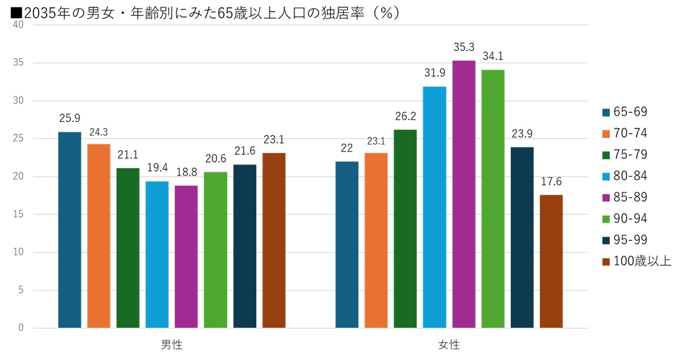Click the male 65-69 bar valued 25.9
70,230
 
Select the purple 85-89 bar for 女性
464,194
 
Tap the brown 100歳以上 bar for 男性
274,240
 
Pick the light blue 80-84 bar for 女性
435,207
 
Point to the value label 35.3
464,47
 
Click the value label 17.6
551,182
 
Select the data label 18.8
186,172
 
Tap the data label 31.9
435,73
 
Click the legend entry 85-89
630,197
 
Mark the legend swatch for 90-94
605,219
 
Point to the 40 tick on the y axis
18,25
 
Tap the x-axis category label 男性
172,345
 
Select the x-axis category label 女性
449,345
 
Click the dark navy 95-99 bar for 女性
522,237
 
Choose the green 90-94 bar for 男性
216,250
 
